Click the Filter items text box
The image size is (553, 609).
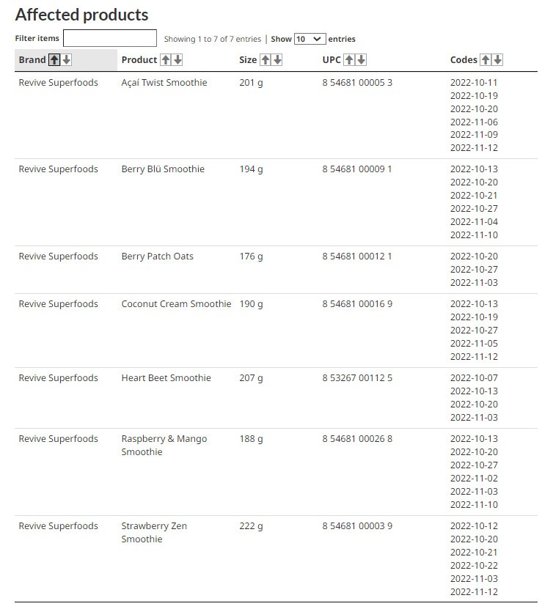pos(110,38)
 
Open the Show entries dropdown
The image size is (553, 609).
pos(310,39)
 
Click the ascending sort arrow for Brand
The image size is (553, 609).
pos(54,60)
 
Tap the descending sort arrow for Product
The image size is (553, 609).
pos(177,60)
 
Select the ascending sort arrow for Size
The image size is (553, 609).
pos(265,60)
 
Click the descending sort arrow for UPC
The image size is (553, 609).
pos(361,60)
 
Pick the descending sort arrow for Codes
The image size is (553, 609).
pos(497,60)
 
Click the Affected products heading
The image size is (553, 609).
pos(81,15)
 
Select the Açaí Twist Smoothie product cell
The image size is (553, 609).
pos(164,83)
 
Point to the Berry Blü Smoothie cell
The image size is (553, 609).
pos(163,169)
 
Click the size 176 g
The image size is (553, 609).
pos(251,256)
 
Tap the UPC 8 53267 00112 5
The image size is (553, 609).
pos(357,378)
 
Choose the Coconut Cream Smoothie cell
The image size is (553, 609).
pos(176,304)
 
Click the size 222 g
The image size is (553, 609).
pos(251,526)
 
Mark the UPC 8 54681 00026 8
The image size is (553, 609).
pos(357,439)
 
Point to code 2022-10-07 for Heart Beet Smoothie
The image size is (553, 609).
pos(474,378)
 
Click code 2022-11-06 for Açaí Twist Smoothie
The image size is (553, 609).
pos(474,122)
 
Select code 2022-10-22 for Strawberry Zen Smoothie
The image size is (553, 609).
pos(474,566)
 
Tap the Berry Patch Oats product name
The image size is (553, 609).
pos(157,256)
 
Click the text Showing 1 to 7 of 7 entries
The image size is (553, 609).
pos(212,40)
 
